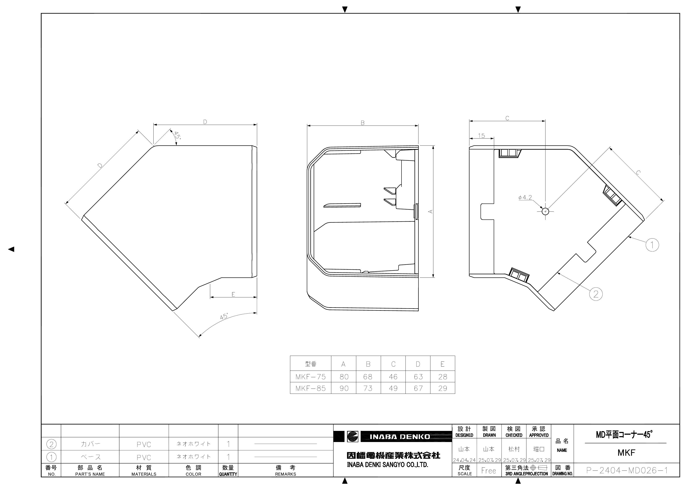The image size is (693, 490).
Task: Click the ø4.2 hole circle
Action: (545, 211)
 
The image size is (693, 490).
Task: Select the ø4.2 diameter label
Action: (525, 198)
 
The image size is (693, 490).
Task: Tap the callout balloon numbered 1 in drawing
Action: (652, 245)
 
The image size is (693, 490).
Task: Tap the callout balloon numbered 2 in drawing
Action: (596, 294)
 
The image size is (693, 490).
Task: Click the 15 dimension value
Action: (481, 136)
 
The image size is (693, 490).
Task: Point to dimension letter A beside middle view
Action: (431, 211)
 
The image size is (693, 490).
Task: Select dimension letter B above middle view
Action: (363, 123)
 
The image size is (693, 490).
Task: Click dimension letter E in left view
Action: (233, 294)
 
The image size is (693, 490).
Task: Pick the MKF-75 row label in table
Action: (310, 377)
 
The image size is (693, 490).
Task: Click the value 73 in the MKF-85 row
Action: (368, 388)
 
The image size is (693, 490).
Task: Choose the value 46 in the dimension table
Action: (393, 377)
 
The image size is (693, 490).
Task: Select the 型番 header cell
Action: (310, 364)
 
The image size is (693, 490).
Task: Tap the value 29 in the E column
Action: (443, 388)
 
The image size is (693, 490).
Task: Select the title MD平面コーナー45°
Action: (624, 435)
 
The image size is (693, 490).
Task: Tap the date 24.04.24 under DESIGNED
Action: (464, 460)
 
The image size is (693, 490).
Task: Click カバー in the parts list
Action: (90, 444)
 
